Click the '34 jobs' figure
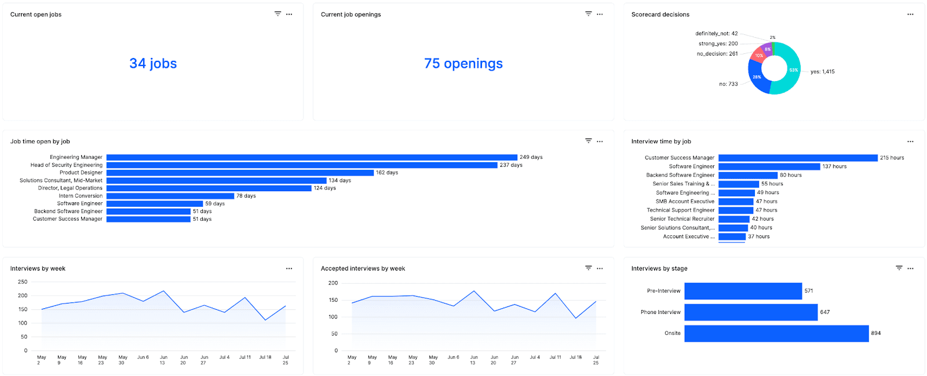pos(153,64)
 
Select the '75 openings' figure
pos(463,64)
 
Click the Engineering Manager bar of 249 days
pos(312,157)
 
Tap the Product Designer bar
pos(240,173)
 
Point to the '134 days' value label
pos(340,180)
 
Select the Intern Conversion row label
pos(81,196)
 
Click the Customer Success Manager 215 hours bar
pos(798,158)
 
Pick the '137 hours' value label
pos(834,166)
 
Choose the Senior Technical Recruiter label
pos(682,219)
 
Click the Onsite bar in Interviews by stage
pos(776,333)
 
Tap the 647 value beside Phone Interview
pos(824,312)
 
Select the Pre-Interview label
pos(663,291)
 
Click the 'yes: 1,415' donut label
pos(822,72)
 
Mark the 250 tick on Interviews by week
pos(23,282)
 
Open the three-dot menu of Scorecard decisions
pos(910,14)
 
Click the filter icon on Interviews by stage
pos(899,268)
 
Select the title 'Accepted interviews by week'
pos(363,269)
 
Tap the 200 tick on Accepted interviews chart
pos(333,283)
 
